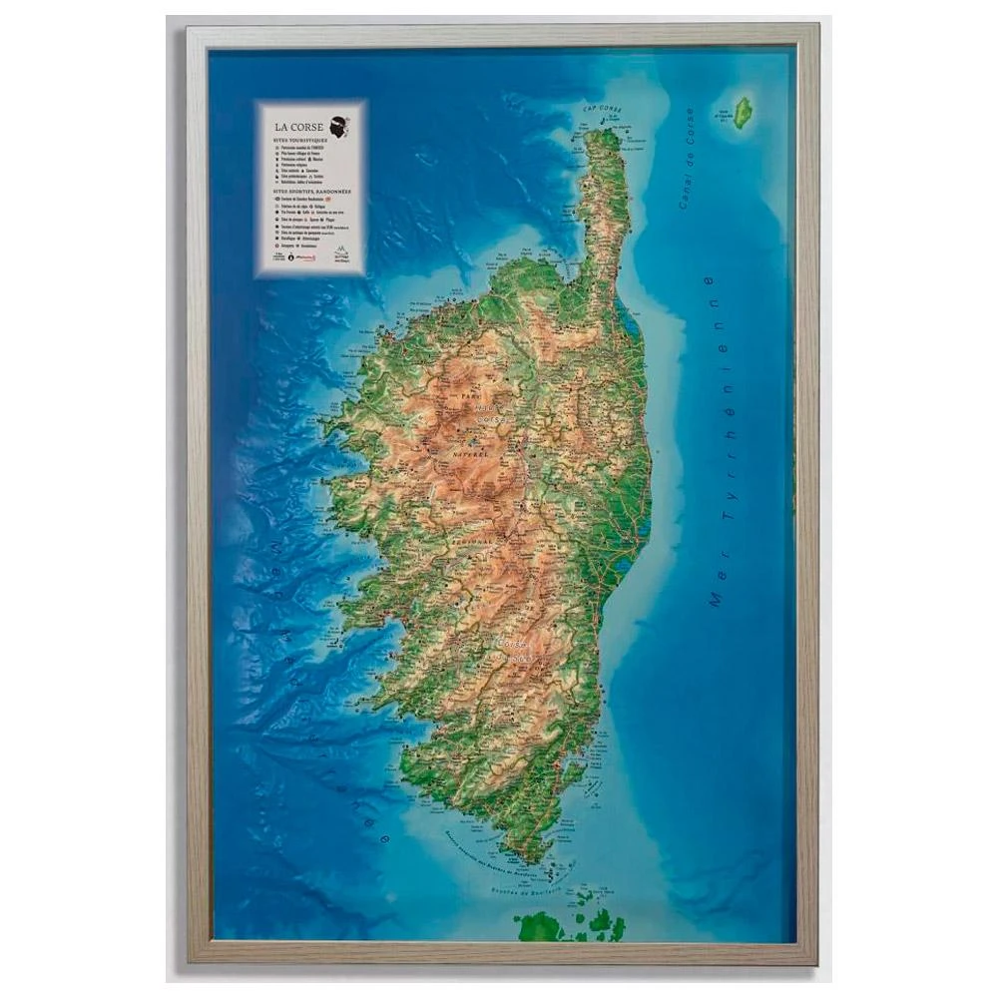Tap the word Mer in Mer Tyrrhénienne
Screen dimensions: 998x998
point(715,589)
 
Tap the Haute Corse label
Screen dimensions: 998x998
point(487,413)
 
